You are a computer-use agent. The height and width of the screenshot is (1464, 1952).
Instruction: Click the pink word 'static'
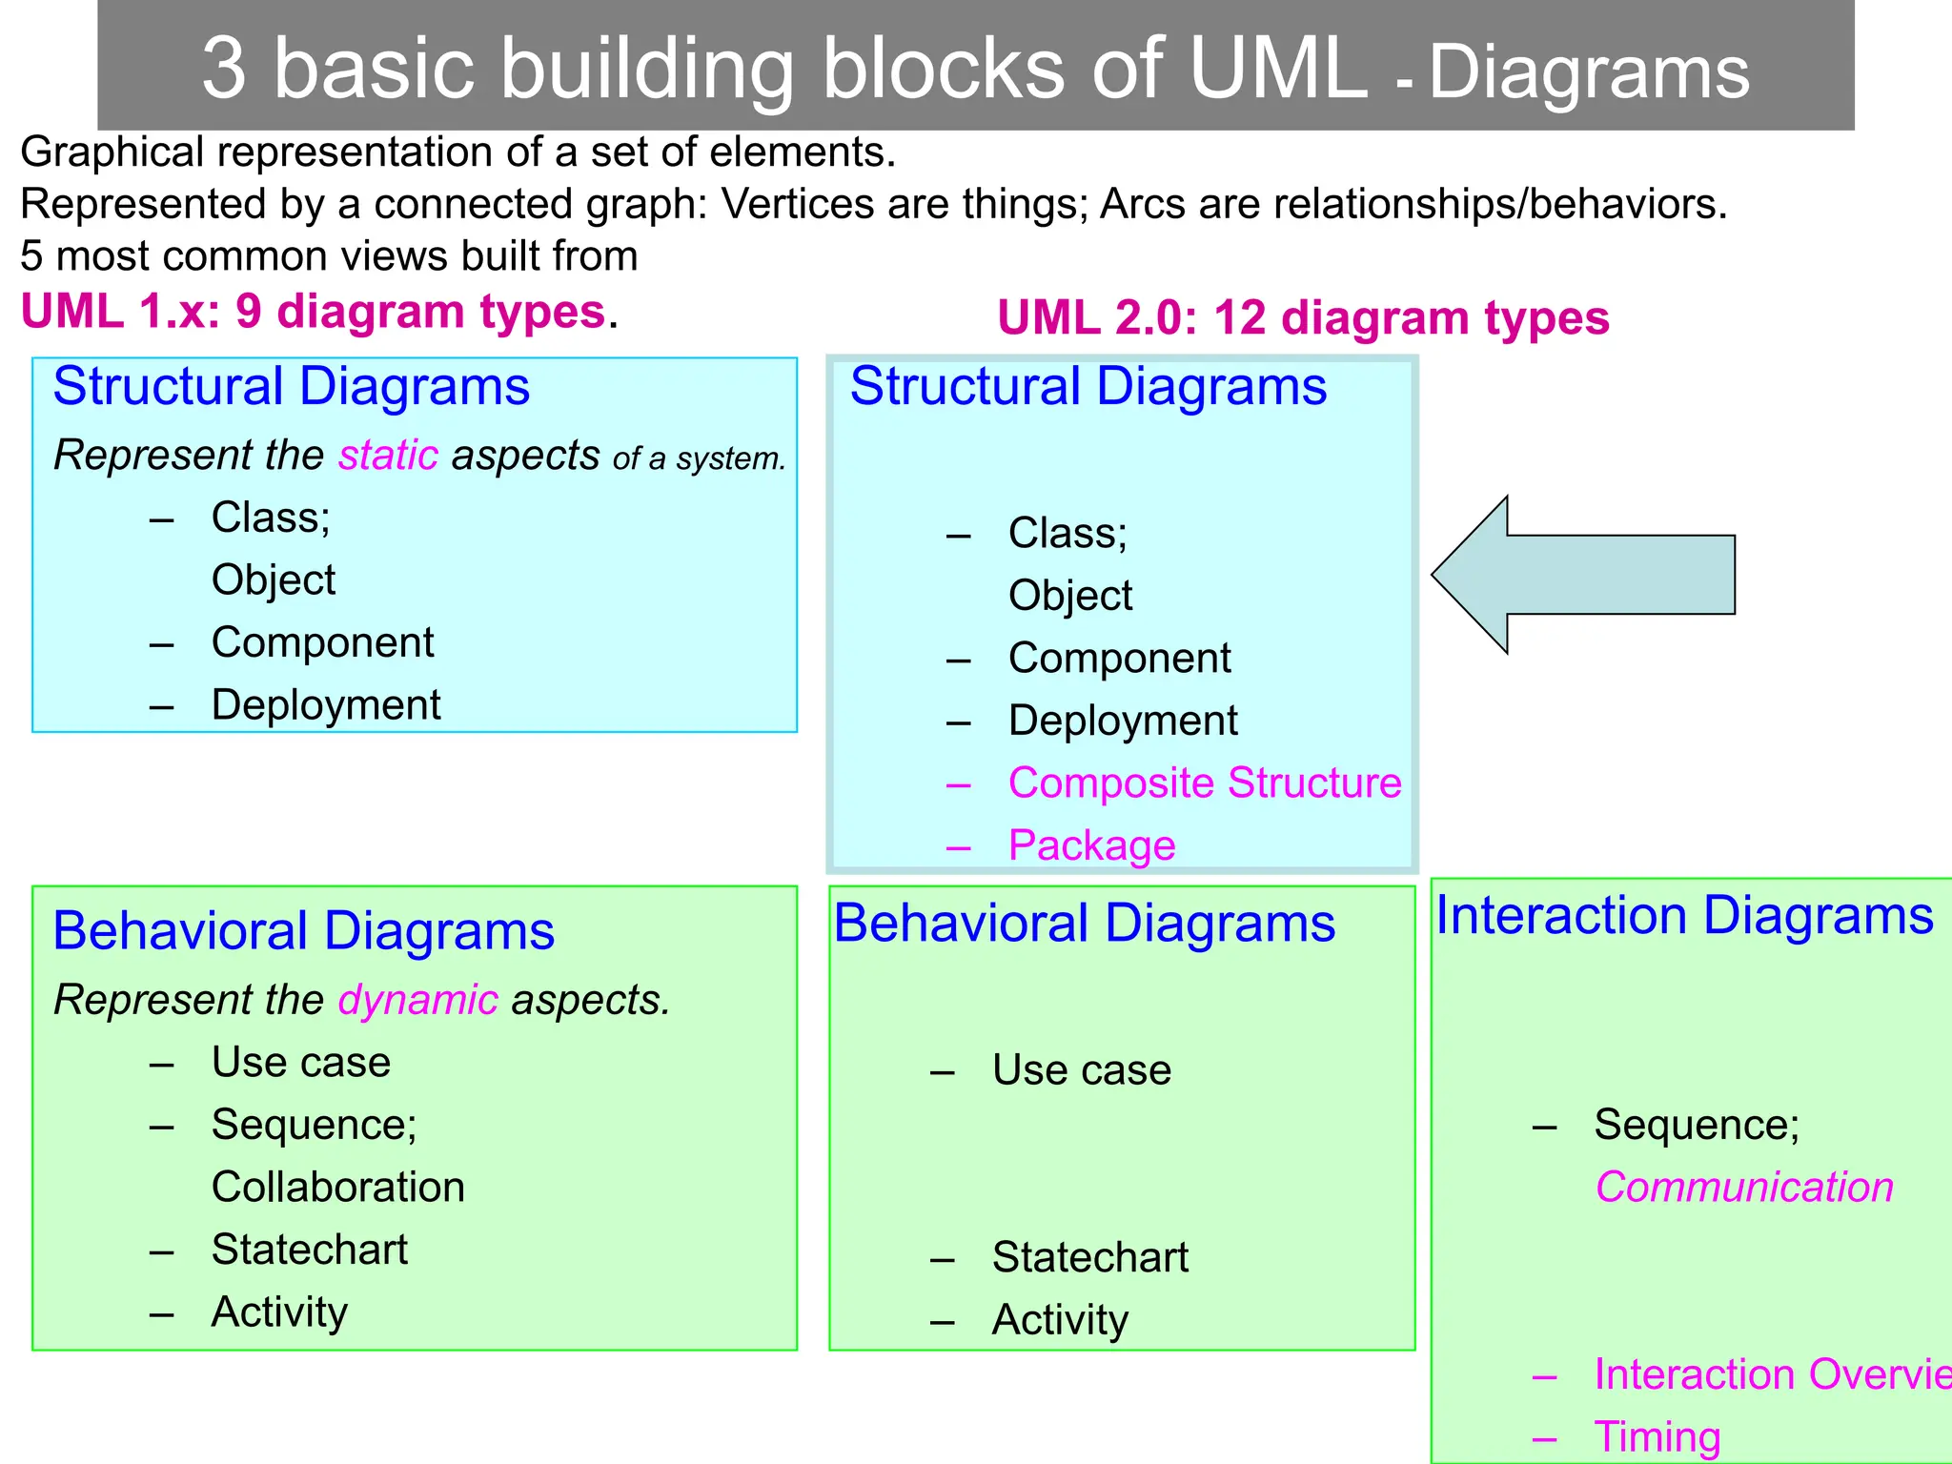tap(388, 456)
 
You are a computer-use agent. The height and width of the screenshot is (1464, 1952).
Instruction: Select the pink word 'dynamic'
tap(417, 1000)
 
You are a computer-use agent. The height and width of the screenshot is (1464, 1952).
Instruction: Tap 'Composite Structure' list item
tap(1204, 783)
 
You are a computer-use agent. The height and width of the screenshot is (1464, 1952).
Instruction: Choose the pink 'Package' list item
tap(1091, 845)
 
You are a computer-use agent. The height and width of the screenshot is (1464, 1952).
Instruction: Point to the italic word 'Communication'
tap(1743, 1188)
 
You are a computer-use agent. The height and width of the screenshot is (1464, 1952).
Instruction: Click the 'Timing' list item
tap(1657, 1436)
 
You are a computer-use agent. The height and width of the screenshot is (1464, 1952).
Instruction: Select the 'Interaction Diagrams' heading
tap(1684, 915)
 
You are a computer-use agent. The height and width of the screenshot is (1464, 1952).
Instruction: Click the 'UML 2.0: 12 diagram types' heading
tap(1302, 317)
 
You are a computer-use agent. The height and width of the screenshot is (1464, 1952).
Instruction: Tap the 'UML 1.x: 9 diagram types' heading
tap(314, 312)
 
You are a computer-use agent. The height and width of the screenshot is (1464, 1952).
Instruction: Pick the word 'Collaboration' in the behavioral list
tap(337, 1188)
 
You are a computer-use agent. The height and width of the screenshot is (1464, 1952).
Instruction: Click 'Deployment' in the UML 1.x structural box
tap(325, 705)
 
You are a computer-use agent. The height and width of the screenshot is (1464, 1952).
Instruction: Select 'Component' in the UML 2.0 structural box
tap(1119, 658)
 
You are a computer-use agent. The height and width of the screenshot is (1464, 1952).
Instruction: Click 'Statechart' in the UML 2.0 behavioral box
tap(1089, 1257)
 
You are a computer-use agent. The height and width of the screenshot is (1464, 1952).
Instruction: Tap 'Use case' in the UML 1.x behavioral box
tap(300, 1062)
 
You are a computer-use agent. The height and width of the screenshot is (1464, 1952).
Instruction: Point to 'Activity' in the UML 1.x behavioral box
tap(278, 1312)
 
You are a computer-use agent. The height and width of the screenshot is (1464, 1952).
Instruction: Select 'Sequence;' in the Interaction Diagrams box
tap(1697, 1125)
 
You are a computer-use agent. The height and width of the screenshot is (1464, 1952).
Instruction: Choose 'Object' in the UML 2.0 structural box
tap(1069, 596)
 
